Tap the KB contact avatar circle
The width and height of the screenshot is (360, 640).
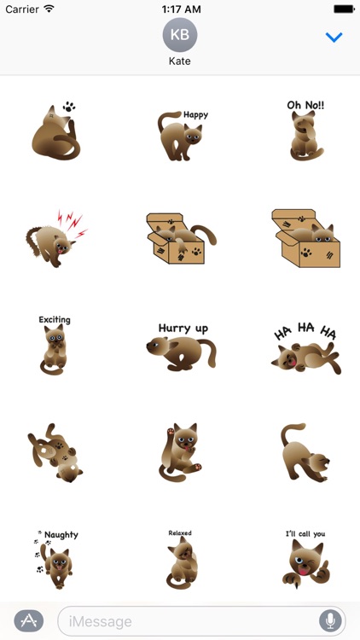(180, 35)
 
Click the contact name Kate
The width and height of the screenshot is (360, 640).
(180, 62)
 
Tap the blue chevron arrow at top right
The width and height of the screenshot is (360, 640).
(334, 38)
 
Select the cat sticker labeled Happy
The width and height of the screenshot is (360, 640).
(181, 135)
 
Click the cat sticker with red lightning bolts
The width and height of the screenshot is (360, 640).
(55, 237)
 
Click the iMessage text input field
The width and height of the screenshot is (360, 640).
(188, 621)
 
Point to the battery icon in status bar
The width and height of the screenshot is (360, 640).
(344, 9)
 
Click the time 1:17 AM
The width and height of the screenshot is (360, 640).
(180, 9)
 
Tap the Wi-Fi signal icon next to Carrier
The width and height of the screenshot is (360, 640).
(49, 9)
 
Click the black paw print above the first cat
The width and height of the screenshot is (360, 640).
(68, 108)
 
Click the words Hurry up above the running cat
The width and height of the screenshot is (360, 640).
(183, 328)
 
